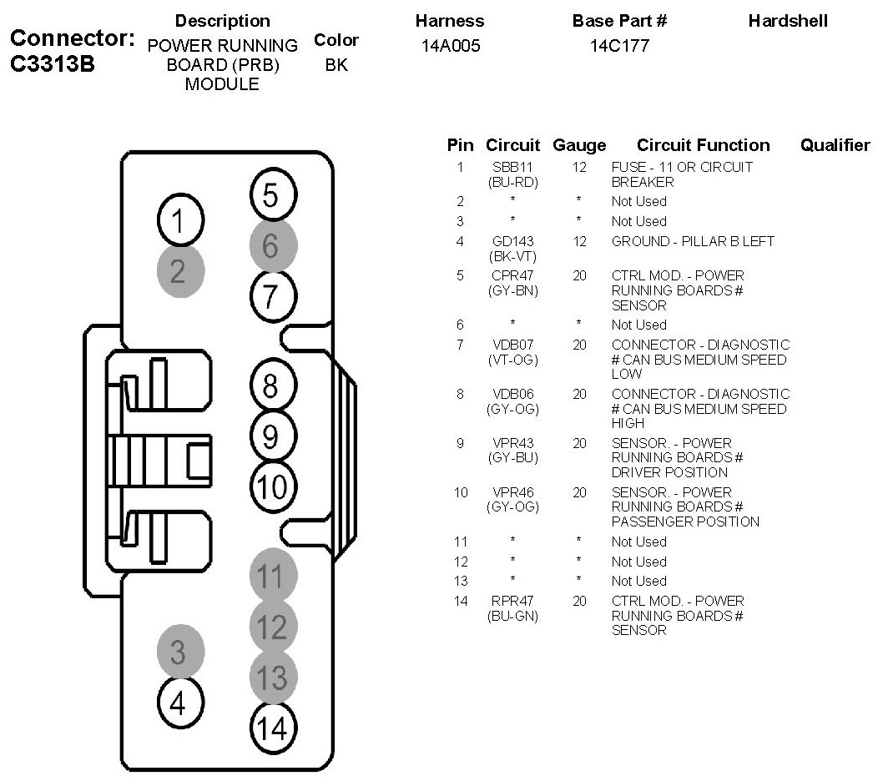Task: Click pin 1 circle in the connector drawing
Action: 178,221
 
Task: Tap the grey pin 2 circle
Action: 178,270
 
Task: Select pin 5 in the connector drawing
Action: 270,195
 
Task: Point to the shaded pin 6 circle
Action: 270,245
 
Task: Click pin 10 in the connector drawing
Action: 271,486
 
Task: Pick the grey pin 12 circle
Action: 271,626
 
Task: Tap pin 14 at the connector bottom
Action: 272,728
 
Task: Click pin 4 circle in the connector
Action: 178,703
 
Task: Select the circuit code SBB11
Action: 512,167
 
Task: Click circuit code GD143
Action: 512,241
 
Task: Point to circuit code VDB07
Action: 512,345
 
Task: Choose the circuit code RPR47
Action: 512,601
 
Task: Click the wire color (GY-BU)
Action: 512,458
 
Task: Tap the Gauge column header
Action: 579,145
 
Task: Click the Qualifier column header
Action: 835,145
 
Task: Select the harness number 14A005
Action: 449,46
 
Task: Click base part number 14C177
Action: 618,46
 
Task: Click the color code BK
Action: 336,64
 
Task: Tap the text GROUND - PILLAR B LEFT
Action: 693,241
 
